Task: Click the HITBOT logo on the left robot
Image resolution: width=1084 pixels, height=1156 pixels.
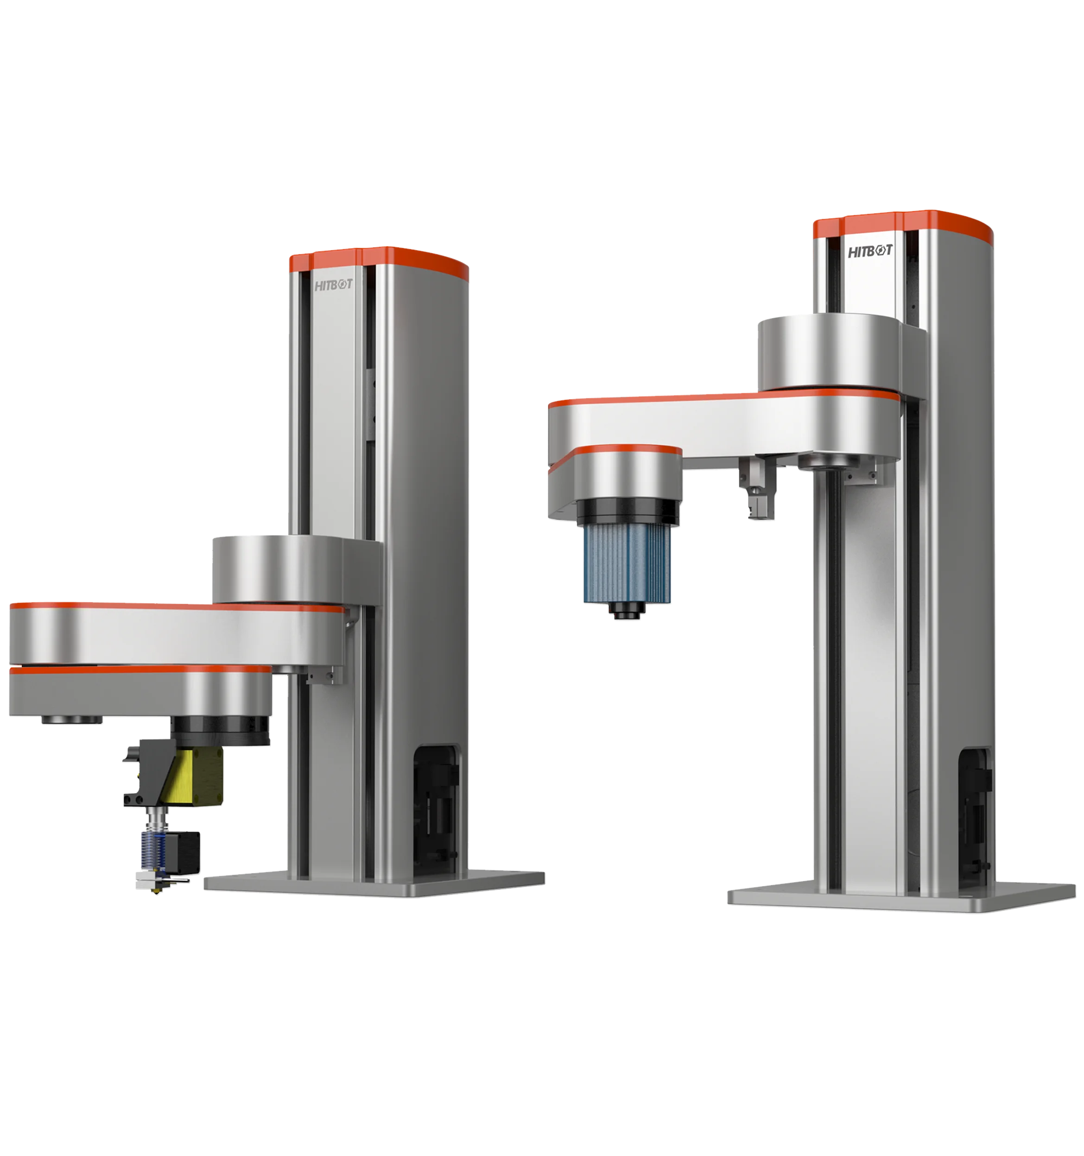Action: tap(333, 285)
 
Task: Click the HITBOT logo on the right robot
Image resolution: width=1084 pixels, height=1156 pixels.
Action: tap(869, 251)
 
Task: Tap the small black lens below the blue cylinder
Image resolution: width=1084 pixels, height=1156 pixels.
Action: tap(626, 610)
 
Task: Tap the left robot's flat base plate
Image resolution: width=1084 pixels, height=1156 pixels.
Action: tap(372, 883)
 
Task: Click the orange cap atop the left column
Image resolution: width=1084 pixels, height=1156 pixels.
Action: tap(378, 258)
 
